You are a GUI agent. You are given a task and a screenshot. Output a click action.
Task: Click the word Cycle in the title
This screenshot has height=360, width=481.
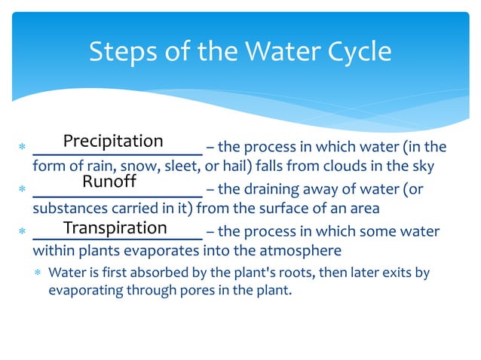(360, 52)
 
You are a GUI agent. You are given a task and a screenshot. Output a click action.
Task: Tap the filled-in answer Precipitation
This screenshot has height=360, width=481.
(113, 142)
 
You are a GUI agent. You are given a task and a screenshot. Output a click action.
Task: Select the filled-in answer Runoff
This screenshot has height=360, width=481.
(109, 182)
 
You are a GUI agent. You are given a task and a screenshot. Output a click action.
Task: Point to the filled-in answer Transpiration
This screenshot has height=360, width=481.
(115, 228)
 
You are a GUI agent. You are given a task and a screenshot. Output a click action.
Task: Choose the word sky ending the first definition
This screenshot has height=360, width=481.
(423, 166)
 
